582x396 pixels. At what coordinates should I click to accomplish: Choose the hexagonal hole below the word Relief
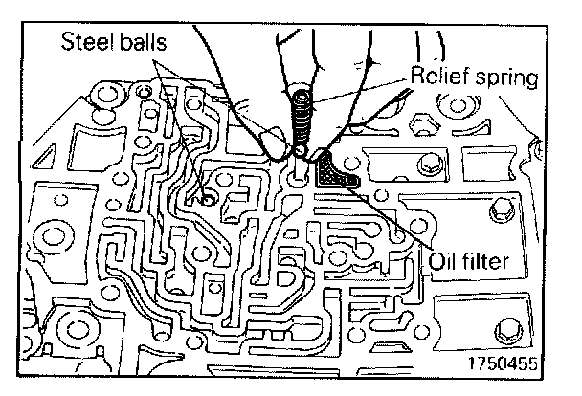[x=422, y=123]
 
